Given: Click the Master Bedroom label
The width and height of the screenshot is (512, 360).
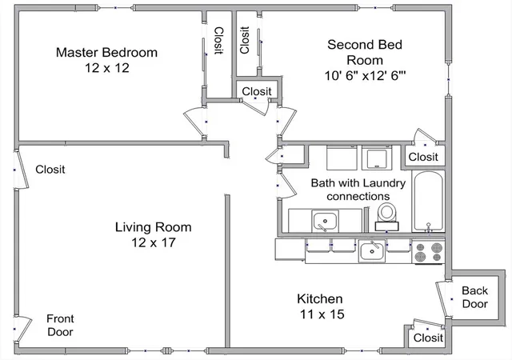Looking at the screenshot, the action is point(106,52).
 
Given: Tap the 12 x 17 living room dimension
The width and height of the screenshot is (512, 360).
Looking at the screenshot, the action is point(154,242).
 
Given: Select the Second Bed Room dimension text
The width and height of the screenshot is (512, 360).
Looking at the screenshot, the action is point(365,76).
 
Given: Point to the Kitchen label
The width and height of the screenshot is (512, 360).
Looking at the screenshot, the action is point(320,298).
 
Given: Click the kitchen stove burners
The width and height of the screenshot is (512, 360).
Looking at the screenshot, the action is point(428,253).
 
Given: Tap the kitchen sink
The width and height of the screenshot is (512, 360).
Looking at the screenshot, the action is point(371,251).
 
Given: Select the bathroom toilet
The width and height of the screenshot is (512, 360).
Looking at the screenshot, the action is point(387,217).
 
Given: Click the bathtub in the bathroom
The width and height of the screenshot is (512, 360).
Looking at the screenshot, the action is point(428,202).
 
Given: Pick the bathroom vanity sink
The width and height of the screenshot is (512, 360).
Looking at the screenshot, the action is point(325,221).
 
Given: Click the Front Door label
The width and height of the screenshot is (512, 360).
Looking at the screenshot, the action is point(60,325).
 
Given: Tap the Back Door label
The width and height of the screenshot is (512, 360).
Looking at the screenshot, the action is point(474,297).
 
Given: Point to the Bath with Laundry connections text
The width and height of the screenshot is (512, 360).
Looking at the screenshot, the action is point(358,190).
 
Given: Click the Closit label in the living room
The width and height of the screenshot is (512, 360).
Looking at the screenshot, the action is point(50,170).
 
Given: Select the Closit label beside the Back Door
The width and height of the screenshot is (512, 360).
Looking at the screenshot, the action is point(428,338).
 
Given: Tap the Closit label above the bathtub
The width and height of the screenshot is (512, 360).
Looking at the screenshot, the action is point(423,157).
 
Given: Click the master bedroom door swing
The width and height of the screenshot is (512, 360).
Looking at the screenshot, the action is point(195,122).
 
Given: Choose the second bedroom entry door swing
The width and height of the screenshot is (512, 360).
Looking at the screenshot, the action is point(287,121).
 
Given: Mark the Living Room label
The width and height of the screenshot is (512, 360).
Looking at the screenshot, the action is point(153,227).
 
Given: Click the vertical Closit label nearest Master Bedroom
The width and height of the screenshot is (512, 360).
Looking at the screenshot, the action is point(218,41).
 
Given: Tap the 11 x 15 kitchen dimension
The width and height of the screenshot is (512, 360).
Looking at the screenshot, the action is point(322,314).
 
